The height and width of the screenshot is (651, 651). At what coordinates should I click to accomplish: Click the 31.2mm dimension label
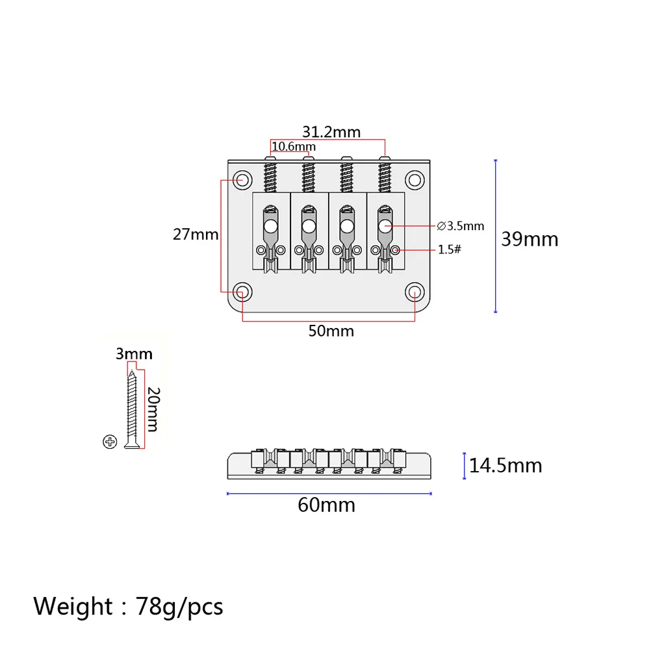coord(331,132)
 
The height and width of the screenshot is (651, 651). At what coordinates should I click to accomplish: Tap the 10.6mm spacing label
coord(293,147)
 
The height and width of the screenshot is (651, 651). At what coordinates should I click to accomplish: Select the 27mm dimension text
coord(196,235)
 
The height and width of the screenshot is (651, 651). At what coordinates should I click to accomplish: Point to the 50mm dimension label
coord(331,331)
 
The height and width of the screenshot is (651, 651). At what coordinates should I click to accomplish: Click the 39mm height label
coord(530,239)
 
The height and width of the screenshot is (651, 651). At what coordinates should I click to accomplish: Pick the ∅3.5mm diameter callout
coord(461,226)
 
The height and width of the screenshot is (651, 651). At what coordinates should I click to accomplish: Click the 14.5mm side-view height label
coord(505,465)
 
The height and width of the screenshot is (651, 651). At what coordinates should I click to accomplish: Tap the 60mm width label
coord(326,505)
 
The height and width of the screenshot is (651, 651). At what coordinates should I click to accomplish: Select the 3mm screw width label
coord(134,354)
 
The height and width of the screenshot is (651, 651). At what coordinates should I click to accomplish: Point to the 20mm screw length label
coord(153,409)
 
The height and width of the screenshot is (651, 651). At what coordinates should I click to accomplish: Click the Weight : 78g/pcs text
coord(129,606)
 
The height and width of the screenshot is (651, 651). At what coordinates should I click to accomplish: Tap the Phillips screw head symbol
coord(109,442)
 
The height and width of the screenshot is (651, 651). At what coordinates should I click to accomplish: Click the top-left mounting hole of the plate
coord(244,179)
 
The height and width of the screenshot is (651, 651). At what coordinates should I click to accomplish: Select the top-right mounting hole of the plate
coord(414,179)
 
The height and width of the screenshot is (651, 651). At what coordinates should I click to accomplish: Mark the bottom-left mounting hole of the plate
coord(244,291)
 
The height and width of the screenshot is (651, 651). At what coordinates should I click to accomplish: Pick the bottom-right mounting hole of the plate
coord(414,292)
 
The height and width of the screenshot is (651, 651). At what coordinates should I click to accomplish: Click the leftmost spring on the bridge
coord(270,175)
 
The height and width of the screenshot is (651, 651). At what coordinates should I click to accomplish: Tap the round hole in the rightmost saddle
coord(385,226)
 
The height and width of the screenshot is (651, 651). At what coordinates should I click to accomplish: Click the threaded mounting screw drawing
coord(134,409)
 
